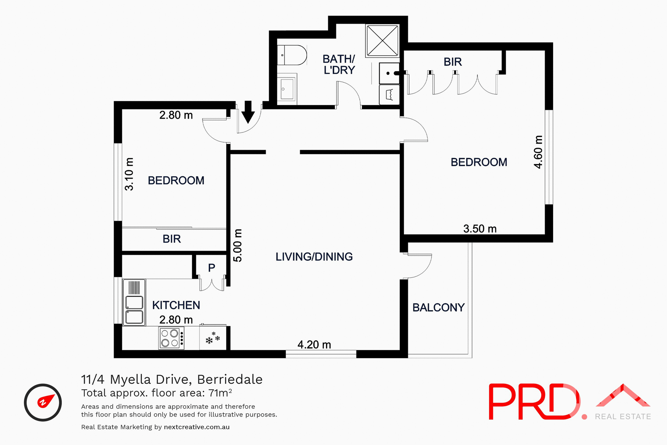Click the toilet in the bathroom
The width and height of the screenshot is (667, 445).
point(292,55)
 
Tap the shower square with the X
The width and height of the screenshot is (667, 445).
point(382,40)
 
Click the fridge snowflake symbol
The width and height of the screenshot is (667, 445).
point(213,338)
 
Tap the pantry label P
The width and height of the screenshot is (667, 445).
point(212,268)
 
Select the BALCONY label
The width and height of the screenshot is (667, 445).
point(438,307)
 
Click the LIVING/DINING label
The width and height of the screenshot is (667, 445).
point(314,257)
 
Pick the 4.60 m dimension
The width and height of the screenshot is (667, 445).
point(538,152)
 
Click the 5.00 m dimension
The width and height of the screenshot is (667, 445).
point(238,245)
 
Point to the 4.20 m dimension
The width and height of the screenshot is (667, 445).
point(314,345)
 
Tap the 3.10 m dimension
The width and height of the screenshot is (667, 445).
point(129,174)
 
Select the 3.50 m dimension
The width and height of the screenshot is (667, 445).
point(480,229)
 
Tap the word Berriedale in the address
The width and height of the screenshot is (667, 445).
point(230,379)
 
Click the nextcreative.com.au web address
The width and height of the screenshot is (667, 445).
point(197,427)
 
